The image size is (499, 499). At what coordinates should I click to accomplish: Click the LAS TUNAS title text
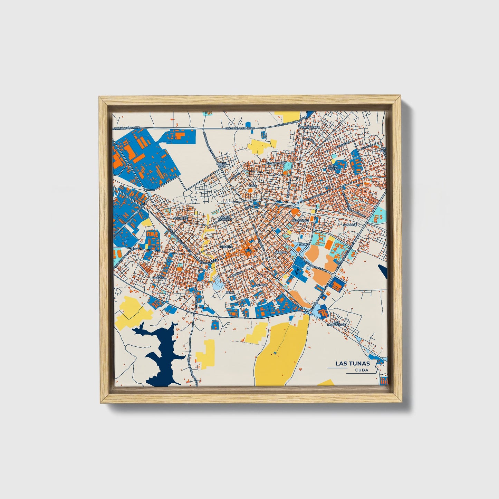(353, 363)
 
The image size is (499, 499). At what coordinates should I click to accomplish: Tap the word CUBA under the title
(361, 370)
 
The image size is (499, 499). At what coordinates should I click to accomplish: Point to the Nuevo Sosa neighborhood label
(221, 165)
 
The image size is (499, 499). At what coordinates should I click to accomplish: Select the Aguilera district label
(181, 218)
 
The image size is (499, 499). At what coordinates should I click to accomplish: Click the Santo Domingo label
(225, 218)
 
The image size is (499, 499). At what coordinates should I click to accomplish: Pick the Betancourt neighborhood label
(276, 163)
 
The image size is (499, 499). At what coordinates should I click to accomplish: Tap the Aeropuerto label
(310, 127)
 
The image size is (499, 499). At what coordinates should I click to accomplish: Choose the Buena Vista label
(333, 168)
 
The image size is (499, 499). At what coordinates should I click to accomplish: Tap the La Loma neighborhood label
(261, 285)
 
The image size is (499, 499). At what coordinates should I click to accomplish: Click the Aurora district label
(281, 252)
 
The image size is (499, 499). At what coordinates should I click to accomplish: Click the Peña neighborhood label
(230, 292)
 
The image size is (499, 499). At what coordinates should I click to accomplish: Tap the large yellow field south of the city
(280, 352)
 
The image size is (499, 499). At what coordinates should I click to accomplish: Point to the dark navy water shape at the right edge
(383, 271)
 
